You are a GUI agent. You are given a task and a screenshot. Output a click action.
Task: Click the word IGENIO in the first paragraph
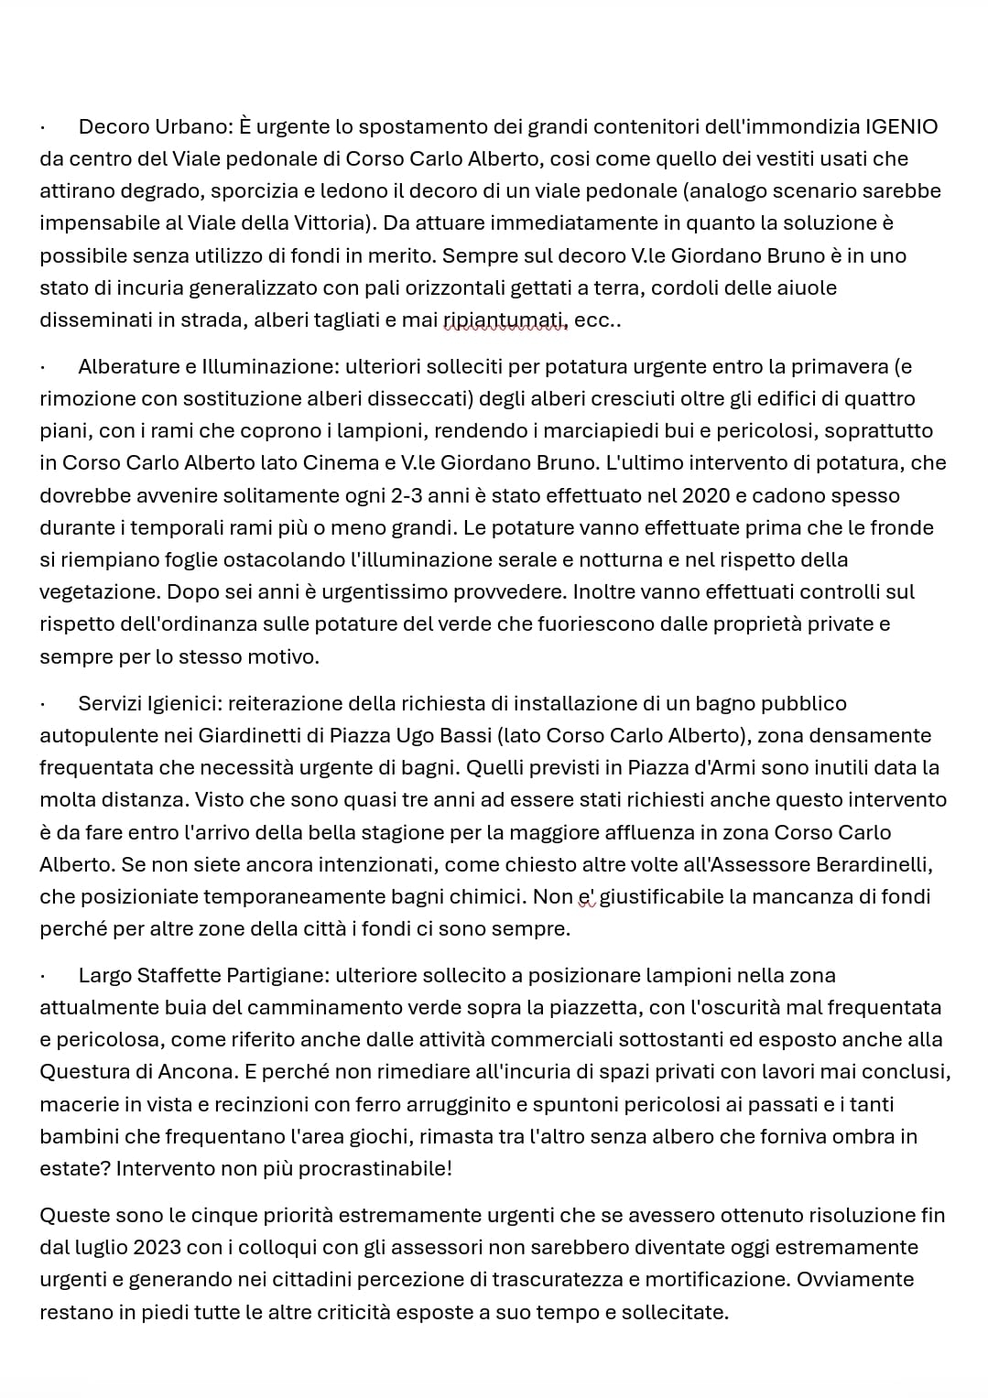901,126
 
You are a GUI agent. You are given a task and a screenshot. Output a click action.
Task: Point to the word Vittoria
330,223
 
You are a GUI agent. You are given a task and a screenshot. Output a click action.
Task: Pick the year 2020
707,496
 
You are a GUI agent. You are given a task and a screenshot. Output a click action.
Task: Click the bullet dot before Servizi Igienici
43,705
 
